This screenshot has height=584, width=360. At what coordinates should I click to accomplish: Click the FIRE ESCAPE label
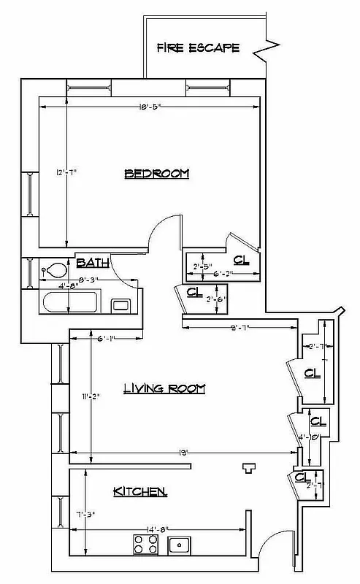point(198,48)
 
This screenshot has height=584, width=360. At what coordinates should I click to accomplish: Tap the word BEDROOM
point(156,174)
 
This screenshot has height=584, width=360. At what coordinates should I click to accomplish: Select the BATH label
point(93,262)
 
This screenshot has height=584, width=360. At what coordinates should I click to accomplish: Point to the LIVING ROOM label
point(164,388)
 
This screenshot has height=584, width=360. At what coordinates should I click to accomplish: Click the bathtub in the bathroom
point(70,302)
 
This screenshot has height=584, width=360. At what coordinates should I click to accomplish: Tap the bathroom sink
point(120,304)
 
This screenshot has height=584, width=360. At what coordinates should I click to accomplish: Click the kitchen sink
point(178,544)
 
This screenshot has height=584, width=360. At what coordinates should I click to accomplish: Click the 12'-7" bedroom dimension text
point(66,172)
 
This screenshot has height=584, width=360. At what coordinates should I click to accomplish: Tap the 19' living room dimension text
point(185,453)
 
